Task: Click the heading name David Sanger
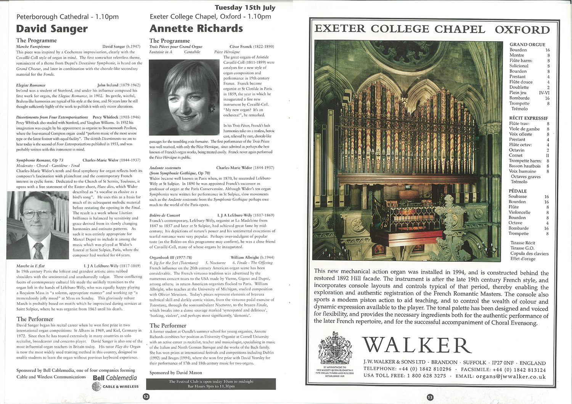pyautogui.click(x=52, y=29)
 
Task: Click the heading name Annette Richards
pyautogui.click(x=196, y=29)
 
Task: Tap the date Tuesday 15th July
pyautogui.click(x=245, y=8)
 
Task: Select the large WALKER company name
pyautogui.click(x=417, y=345)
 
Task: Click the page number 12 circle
pyautogui.click(x=146, y=396)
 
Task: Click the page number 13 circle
pyautogui.click(x=430, y=397)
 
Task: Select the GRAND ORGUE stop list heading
pyautogui.click(x=527, y=45)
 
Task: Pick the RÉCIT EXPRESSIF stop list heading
pyautogui.click(x=528, y=118)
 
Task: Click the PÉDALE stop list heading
pyautogui.click(x=517, y=191)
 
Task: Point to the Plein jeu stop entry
pyautogui.click(x=518, y=93)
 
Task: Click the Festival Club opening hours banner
pyautogui.click(x=211, y=384)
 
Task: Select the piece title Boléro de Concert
pyautogui.click(x=165, y=215)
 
